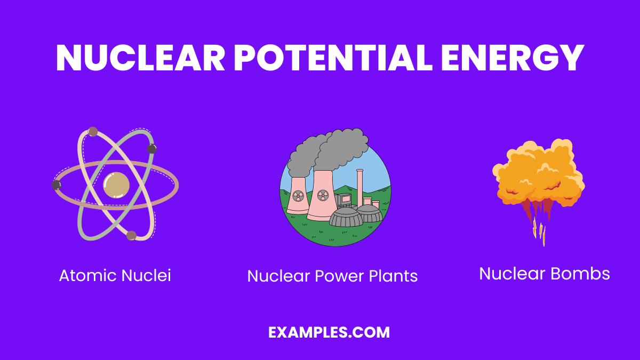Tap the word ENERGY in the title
click(513, 58)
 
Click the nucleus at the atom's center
click(116, 185)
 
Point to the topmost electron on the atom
click(93, 131)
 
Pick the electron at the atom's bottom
click(131, 235)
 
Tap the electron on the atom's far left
click(56, 185)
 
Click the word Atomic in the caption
click(88, 276)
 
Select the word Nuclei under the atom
click(146, 276)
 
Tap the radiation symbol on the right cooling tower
click(322, 195)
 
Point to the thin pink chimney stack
click(360, 187)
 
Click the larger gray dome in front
click(346, 217)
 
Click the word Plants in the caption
click(393, 276)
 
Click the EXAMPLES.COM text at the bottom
click(329, 333)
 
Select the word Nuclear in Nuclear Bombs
click(513, 274)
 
